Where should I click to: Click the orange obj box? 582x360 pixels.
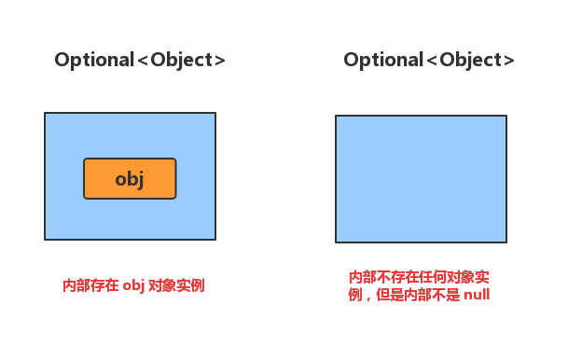point(130,179)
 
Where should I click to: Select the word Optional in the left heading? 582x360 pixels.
point(94,60)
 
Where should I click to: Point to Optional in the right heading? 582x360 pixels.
point(383,60)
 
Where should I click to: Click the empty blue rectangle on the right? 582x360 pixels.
point(421,179)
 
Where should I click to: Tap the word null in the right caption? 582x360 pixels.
point(477,295)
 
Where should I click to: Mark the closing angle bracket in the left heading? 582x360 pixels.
point(220,61)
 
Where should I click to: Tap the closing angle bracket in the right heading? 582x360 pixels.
point(509,61)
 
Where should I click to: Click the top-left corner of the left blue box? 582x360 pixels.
point(45,113)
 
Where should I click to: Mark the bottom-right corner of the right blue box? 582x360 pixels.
point(506,242)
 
